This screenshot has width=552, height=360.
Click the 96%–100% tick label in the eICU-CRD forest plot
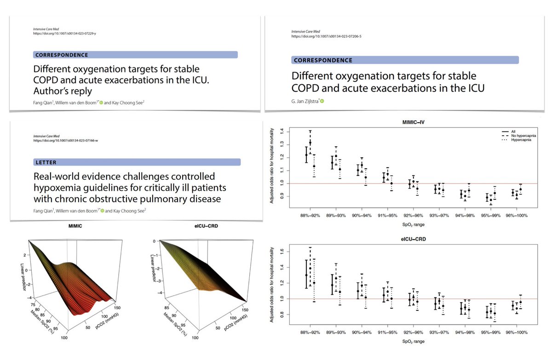coord(516,331)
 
